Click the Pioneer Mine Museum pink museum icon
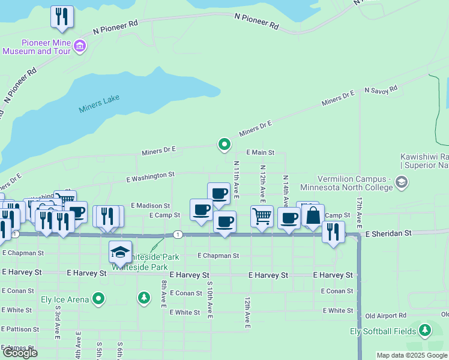tap(80, 45)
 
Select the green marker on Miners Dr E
tap(224, 144)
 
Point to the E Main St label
tap(259, 153)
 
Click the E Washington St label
tap(150, 176)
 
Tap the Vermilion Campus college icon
tap(402, 181)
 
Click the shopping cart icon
tap(262, 216)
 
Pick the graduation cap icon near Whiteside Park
tap(120, 252)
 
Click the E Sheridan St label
tap(388, 233)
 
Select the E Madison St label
tap(150, 205)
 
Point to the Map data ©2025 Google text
tap(412, 355)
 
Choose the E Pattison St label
tap(20, 329)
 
